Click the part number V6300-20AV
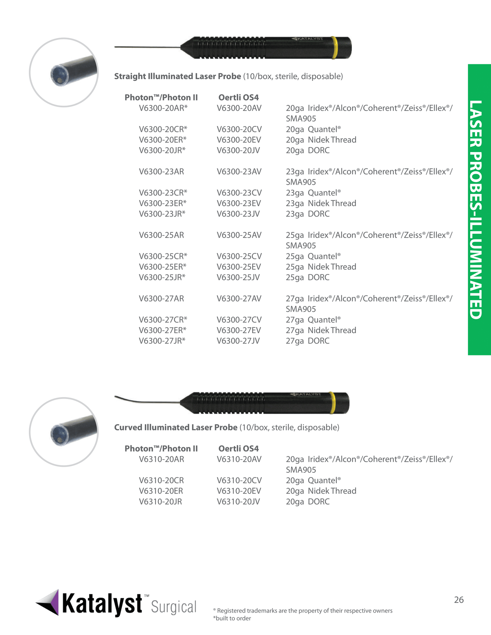(x=239, y=108)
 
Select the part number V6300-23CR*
(x=163, y=193)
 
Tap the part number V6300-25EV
(x=239, y=267)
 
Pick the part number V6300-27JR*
(x=162, y=341)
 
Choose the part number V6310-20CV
(x=239, y=480)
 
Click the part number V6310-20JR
(x=160, y=502)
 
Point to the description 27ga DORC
(x=308, y=341)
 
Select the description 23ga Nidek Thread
(x=321, y=203)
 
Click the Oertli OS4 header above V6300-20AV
(x=239, y=98)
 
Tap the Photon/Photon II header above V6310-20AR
(x=161, y=449)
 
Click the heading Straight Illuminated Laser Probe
(x=177, y=76)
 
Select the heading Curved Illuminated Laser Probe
(x=176, y=428)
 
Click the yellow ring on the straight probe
(x=334, y=48)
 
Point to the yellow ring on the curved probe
(x=332, y=403)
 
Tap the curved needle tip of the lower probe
(x=122, y=398)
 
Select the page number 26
(x=459, y=600)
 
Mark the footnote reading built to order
(x=232, y=618)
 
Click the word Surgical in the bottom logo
(x=174, y=607)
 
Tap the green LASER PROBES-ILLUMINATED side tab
(x=479, y=210)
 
